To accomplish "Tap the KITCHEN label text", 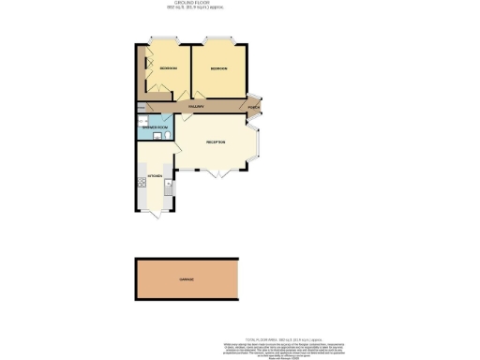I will [x=156, y=176].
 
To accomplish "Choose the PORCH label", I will [x=254, y=108].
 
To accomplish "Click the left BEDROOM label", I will [x=169, y=68].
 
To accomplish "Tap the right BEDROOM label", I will [x=219, y=68].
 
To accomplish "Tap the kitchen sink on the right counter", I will [x=169, y=185].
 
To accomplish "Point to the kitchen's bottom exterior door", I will [x=154, y=216].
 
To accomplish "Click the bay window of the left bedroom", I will [x=160, y=39].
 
